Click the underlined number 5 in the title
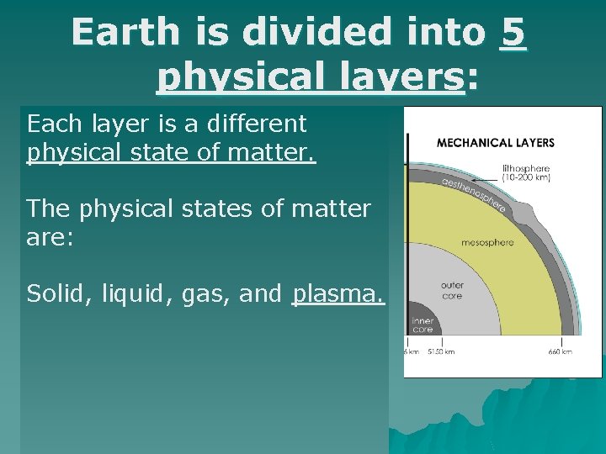tap(513, 34)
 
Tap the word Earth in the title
tap(126, 34)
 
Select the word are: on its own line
tap(50, 239)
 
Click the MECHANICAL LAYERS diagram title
tap(495, 144)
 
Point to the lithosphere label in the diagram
tap(526, 168)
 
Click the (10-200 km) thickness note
tap(526, 179)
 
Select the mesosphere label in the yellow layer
tap(486, 243)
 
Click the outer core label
tap(452, 291)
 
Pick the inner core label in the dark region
tap(422, 326)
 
